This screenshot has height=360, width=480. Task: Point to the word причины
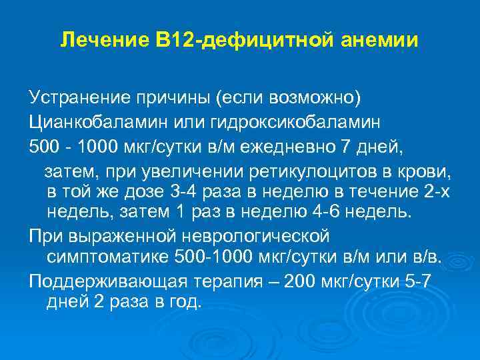coord(175,99)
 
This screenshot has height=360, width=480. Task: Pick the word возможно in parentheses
coord(314,99)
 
